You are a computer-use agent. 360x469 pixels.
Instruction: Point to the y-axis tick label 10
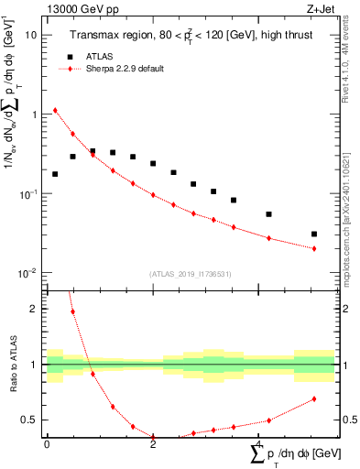pyautogui.click(x=30, y=35)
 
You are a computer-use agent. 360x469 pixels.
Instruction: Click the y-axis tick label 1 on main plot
pyautogui.click(x=34, y=115)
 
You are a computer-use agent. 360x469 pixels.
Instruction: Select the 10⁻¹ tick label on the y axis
pyautogui.click(x=28, y=194)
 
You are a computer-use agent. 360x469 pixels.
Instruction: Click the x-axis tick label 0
pyautogui.click(x=47, y=444)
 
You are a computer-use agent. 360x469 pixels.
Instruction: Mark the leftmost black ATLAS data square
pyautogui.click(x=55, y=174)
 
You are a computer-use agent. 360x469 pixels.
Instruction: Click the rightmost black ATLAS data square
pyautogui.click(x=314, y=234)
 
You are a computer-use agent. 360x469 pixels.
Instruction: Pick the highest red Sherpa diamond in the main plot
pyautogui.click(x=55, y=110)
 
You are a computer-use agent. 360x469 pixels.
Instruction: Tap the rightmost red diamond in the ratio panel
pyautogui.click(x=314, y=398)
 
